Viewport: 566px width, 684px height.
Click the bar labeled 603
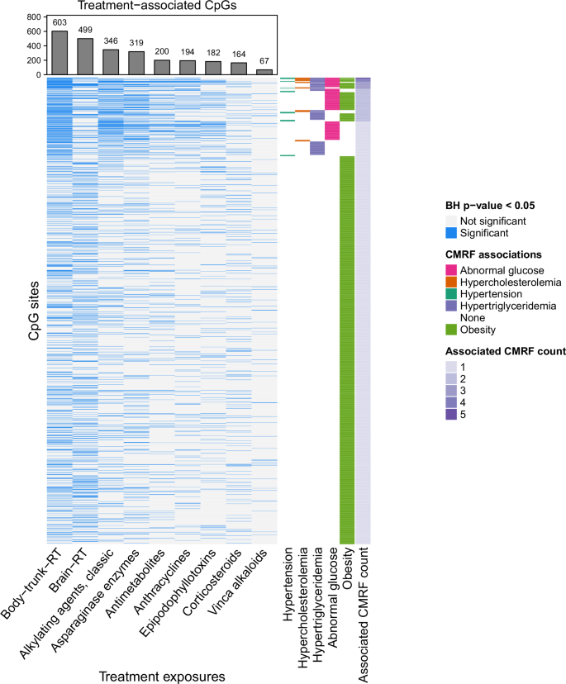59,53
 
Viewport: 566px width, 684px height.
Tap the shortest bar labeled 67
264,72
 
